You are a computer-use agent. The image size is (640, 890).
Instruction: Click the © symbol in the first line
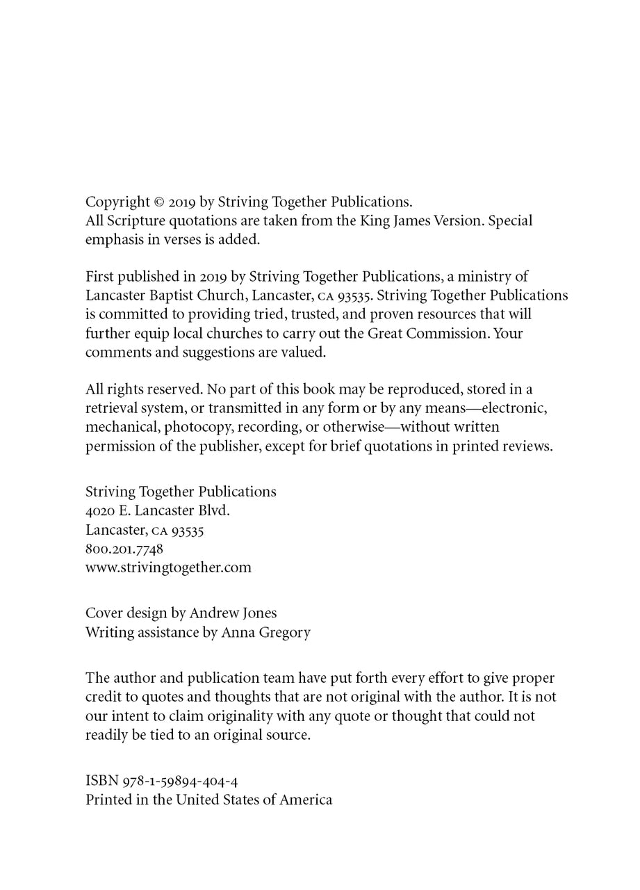coord(158,202)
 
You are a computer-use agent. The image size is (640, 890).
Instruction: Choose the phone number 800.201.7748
coord(124,549)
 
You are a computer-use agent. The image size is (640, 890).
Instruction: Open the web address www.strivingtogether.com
coord(168,567)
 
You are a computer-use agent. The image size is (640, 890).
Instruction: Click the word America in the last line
coord(306,800)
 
